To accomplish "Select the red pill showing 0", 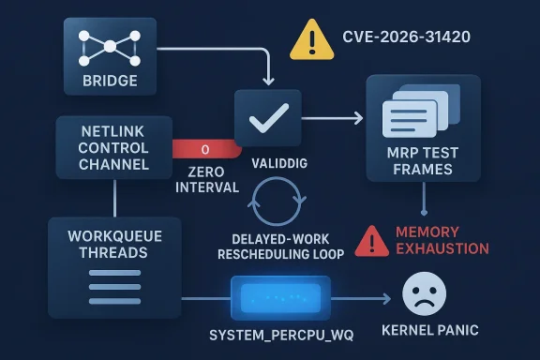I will tap(206, 148).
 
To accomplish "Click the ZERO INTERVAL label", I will tap(206, 180).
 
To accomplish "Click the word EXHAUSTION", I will tap(442, 248).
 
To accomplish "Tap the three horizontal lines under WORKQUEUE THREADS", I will tap(113, 282).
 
